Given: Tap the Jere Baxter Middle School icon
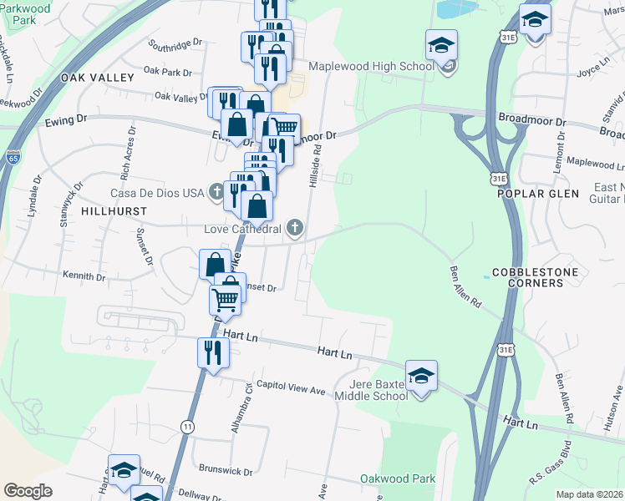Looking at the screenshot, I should pos(421,374).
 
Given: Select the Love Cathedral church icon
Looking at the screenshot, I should pos(294,227).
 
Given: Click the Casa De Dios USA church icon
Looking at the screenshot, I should pos(216,193).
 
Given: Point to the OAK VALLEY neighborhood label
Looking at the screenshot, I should pos(97,78).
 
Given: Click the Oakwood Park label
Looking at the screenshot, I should pos(398,478).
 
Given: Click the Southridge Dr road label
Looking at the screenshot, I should pos(175,42).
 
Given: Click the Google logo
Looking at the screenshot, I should pos(28,491).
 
